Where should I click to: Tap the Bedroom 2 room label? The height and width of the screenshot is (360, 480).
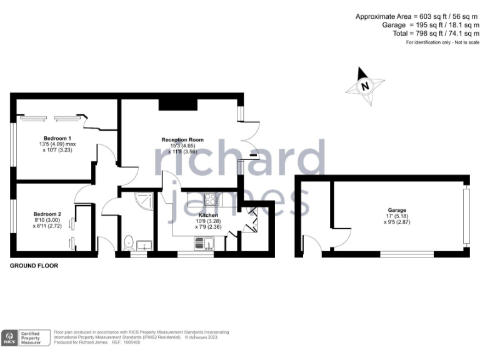point(46,213)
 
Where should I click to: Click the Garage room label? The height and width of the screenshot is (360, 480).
point(397,210)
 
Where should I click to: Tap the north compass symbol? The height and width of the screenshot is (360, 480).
point(363,85)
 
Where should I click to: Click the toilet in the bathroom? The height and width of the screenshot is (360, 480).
point(129,240)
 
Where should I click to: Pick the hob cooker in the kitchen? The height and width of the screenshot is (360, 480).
point(211,200)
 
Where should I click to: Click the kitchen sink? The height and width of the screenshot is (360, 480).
point(203,244)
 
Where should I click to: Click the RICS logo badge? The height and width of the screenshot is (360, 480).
point(10,337)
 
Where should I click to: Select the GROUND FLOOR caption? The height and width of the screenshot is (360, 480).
point(34,266)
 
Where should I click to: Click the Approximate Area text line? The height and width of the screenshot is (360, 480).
point(417,16)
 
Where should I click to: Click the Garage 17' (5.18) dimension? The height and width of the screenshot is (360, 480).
point(397,216)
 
